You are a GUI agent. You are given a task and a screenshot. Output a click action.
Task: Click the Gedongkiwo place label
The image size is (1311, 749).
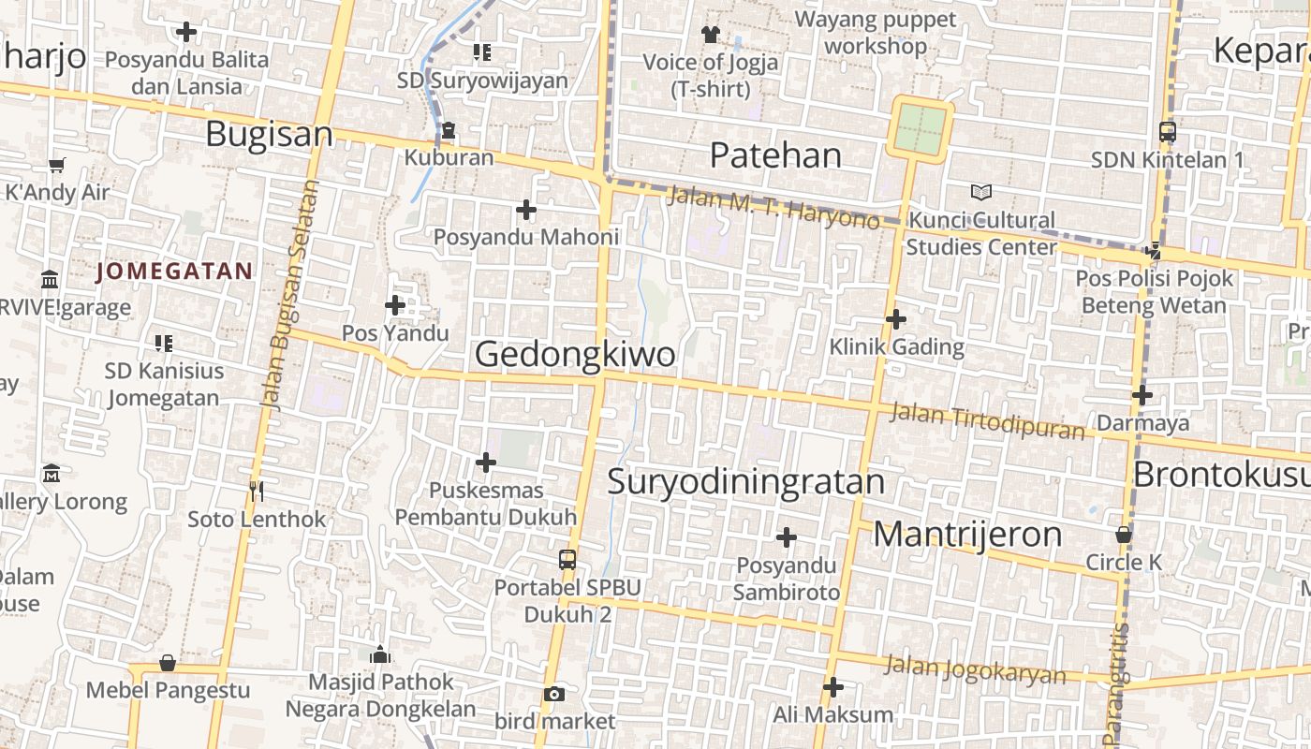tap(575, 355)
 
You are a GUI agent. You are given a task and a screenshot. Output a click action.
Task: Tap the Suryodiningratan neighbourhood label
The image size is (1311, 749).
tap(745, 481)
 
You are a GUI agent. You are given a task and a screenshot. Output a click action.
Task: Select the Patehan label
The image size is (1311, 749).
tap(775, 154)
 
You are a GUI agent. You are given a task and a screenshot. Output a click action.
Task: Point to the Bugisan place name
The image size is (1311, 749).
tap(269, 134)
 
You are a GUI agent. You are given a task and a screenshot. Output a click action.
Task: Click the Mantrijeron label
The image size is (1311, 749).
tap(967, 535)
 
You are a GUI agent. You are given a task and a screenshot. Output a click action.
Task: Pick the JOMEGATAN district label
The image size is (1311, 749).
tap(174, 272)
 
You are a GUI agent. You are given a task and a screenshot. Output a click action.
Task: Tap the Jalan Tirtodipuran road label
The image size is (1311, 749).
tap(987, 420)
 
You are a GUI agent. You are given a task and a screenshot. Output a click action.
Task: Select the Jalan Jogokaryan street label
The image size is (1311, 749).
tap(975, 669)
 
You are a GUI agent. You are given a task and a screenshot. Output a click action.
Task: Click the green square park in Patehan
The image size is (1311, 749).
tap(921, 129)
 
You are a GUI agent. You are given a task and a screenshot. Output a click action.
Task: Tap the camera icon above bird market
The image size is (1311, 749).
tap(554, 694)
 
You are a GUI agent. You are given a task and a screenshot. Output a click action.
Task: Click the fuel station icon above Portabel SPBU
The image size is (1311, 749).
tap(567, 560)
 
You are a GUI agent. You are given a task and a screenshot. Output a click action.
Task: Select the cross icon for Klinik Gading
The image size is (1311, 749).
tap(896, 319)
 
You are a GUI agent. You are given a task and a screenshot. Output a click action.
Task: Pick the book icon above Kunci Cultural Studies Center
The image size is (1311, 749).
tap(980, 193)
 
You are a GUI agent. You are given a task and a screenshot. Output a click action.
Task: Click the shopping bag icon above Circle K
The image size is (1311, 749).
tap(1124, 536)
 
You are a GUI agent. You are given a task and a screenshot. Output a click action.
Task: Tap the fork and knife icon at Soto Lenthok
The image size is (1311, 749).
tap(257, 491)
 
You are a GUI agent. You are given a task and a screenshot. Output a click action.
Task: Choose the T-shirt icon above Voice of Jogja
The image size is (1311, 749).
tap(710, 35)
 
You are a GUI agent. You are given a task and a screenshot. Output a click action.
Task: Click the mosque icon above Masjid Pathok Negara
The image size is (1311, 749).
tap(380, 654)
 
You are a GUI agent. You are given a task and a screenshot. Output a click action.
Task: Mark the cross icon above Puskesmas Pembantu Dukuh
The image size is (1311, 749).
tap(486, 463)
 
